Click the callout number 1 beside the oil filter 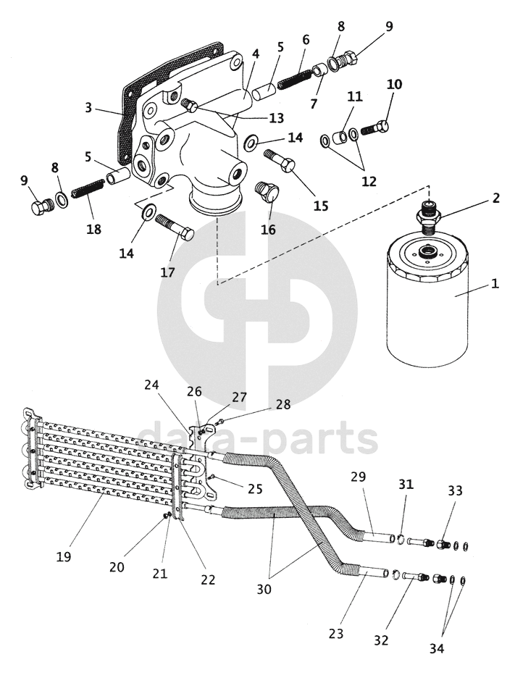(x=495, y=284)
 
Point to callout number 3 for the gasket (x=88, y=108)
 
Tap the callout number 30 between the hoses (x=264, y=590)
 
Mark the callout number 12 (x=369, y=181)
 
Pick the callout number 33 (x=455, y=490)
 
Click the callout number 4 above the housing (x=255, y=54)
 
